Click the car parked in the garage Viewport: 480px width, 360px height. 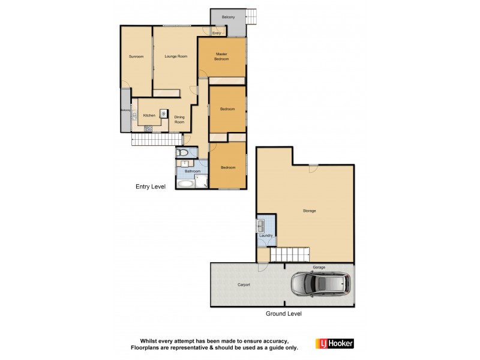click(x=322, y=284)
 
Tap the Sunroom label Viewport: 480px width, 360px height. click(x=136, y=56)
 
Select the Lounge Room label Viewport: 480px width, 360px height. click(x=176, y=56)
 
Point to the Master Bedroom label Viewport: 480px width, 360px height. click(x=221, y=57)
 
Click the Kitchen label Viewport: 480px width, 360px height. click(x=149, y=115)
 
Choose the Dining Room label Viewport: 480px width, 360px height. click(x=179, y=119)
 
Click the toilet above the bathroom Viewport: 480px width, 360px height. click(x=184, y=153)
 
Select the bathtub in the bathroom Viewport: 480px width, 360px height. click(x=185, y=183)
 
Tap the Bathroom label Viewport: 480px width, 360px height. click(x=192, y=171)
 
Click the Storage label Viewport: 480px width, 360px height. click(x=309, y=211)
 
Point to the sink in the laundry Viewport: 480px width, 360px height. click(x=262, y=226)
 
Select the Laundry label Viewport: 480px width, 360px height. click(x=266, y=236)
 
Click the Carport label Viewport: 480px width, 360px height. click(x=244, y=284)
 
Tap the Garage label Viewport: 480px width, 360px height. click(x=319, y=266)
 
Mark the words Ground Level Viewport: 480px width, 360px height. click(x=284, y=313)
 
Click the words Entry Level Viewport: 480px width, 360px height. click(x=150, y=187)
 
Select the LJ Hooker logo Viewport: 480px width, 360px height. click(x=334, y=343)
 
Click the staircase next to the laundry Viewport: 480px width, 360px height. click(x=288, y=254)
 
